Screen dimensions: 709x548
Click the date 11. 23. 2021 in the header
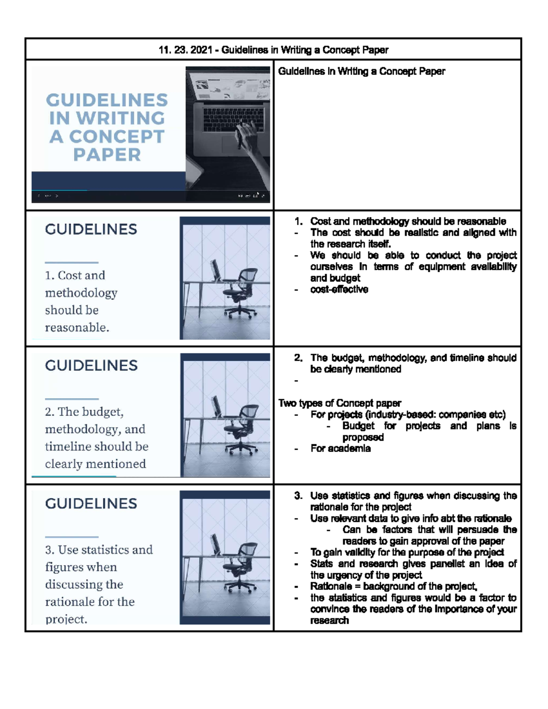pyautogui.click(x=185, y=50)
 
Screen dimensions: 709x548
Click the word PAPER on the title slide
pyautogui.click(x=107, y=155)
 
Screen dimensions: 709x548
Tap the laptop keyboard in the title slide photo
pyautogui.click(x=226, y=120)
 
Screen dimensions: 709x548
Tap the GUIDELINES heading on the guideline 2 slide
pyautogui.click(x=91, y=365)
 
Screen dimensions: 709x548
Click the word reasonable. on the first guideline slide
pyautogui.click(x=77, y=327)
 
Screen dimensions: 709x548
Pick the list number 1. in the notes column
pyautogui.click(x=298, y=221)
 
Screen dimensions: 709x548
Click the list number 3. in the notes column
pyautogui.click(x=298, y=496)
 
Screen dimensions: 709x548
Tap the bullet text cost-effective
pyautogui.click(x=339, y=289)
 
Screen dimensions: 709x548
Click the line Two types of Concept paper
pyautogui.click(x=340, y=403)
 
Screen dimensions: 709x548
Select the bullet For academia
pyautogui.click(x=340, y=448)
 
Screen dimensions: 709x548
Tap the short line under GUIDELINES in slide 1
pyautogui.click(x=72, y=263)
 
